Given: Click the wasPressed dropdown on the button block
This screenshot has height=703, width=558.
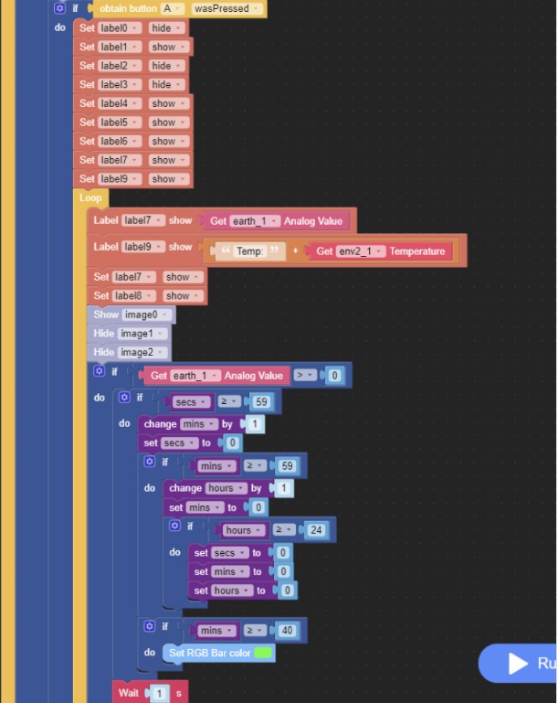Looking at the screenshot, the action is click(226, 8).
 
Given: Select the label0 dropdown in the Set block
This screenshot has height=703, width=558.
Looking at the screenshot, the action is click(120, 28).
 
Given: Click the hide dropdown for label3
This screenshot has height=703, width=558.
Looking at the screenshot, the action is click(166, 85).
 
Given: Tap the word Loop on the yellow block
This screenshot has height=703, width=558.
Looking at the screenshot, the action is click(90, 197).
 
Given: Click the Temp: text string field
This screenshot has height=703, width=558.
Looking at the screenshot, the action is click(249, 251).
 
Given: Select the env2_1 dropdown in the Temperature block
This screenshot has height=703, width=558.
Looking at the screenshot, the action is click(361, 251).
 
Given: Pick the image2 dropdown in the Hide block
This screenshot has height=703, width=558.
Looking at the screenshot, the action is click(142, 352).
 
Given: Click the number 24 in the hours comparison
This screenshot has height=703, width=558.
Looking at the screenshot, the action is click(316, 530).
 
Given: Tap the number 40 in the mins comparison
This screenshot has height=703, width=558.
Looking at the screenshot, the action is click(287, 631).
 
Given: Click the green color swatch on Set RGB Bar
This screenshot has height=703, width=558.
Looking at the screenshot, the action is click(263, 653).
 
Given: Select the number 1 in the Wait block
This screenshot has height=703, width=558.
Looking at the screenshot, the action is click(159, 694).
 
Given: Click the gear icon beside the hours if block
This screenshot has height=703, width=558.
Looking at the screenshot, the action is click(174, 526).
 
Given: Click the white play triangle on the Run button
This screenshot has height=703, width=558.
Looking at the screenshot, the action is click(518, 663).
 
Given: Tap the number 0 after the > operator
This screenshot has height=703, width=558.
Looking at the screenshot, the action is click(334, 376).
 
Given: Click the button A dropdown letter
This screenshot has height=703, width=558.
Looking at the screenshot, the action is click(173, 8).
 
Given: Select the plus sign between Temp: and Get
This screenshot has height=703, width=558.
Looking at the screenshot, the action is click(296, 250).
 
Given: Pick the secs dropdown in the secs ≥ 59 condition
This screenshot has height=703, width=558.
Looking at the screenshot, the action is click(191, 402).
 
